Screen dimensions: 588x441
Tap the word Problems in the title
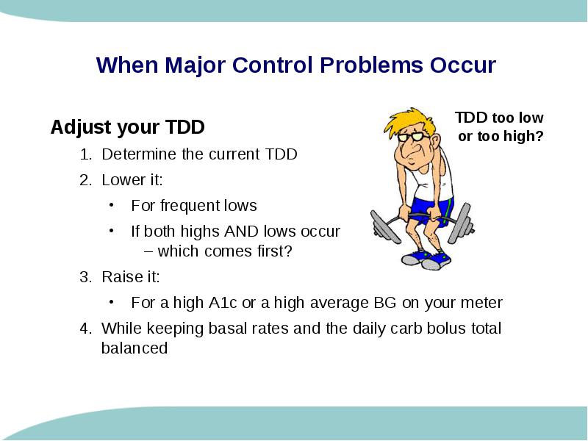coord(372,65)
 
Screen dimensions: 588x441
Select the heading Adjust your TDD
coord(127,127)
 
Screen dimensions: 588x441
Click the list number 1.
coord(85,154)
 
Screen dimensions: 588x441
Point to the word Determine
coord(139,154)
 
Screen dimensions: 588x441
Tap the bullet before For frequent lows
coord(112,205)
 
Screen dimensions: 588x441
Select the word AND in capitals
coord(242,232)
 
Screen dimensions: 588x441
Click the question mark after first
coord(288,251)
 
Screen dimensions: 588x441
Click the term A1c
coord(223,303)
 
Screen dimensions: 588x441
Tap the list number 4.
coord(85,329)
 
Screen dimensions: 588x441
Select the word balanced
coord(135,348)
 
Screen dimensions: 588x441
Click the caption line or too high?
coord(501,136)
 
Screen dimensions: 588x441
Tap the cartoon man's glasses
coord(413,136)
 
